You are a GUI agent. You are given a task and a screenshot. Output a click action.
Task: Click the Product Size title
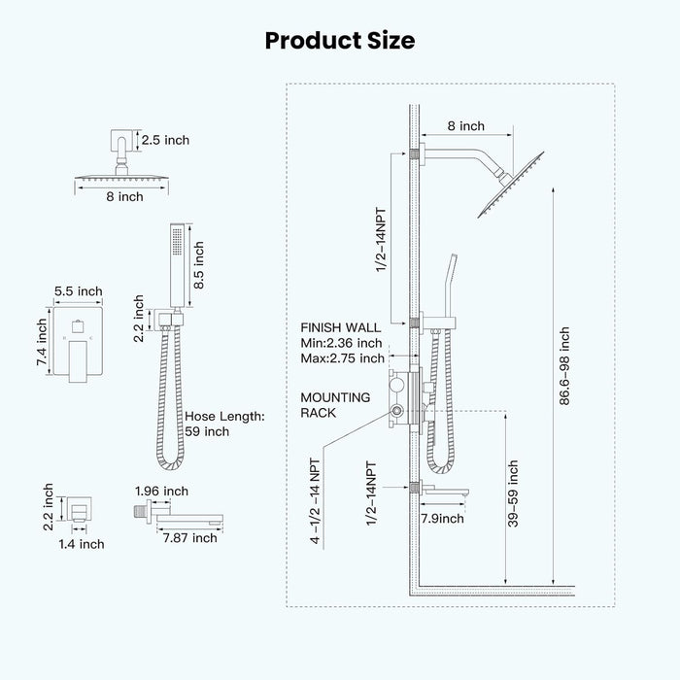[x=340, y=41]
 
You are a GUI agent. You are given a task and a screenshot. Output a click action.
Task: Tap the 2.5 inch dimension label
[x=165, y=140]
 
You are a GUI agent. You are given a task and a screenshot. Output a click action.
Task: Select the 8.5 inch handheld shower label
[x=198, y=265]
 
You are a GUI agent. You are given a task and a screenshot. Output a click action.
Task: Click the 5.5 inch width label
[x=79, y=291]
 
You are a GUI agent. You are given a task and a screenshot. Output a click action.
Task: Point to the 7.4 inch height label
[x=42, y=342]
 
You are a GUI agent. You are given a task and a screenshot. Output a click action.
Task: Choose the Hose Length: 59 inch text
[x=224, y=424]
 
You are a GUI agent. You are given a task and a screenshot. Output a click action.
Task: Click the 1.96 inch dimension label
[x=162, y=491]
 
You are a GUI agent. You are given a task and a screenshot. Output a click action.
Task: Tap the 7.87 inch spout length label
[x=190, y=538]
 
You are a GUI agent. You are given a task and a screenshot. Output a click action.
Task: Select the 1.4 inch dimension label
[x=82, y=544]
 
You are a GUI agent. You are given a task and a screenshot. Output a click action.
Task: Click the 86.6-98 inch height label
[x=564, y=366]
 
